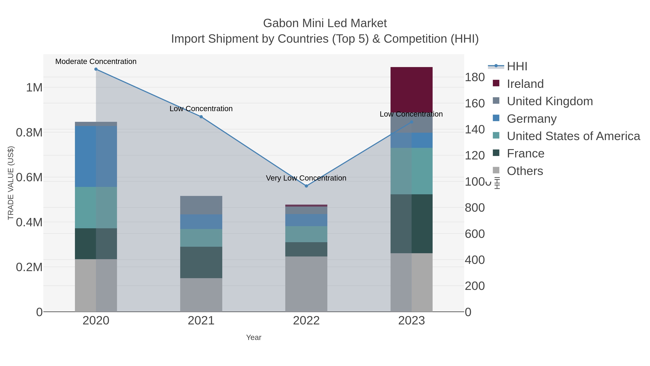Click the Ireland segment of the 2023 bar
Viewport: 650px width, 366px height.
tap(411, 90)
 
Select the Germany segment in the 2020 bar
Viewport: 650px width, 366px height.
tap(96, 156)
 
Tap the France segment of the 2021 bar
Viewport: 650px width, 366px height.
tap(201, 262)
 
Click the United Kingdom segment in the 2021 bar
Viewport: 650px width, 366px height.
tap(201, 205)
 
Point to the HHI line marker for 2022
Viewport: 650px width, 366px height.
tap(306, 186)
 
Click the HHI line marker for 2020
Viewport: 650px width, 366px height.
tap(96, 69)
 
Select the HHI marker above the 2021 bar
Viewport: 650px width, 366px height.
tap(201, 117)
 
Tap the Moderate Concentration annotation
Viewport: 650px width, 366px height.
tap(96, 61)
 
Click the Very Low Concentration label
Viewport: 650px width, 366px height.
tap(306, 178)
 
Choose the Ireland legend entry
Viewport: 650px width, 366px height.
tap(525, 84)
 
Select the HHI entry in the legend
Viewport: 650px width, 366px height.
tap(517, 67)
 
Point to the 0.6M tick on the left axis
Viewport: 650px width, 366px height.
tap(29, 177)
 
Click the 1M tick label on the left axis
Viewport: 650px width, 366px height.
tap(34, 88)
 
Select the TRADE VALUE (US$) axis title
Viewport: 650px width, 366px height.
tap(11, 183)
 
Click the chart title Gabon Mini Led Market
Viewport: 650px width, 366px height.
tap(325, 23)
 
